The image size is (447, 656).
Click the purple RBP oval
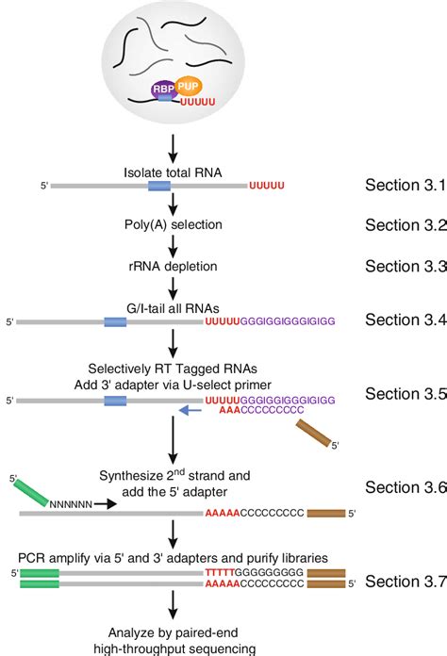click(x=163, y=90)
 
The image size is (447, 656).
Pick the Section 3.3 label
click(x=404, y=266)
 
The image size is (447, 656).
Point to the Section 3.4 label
click(x=404, y=321)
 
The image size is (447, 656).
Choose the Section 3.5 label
click(x=404, y=394)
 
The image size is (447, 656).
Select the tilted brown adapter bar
click(x=313, y=434)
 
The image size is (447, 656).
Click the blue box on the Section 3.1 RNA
click(x=158, y=186)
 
